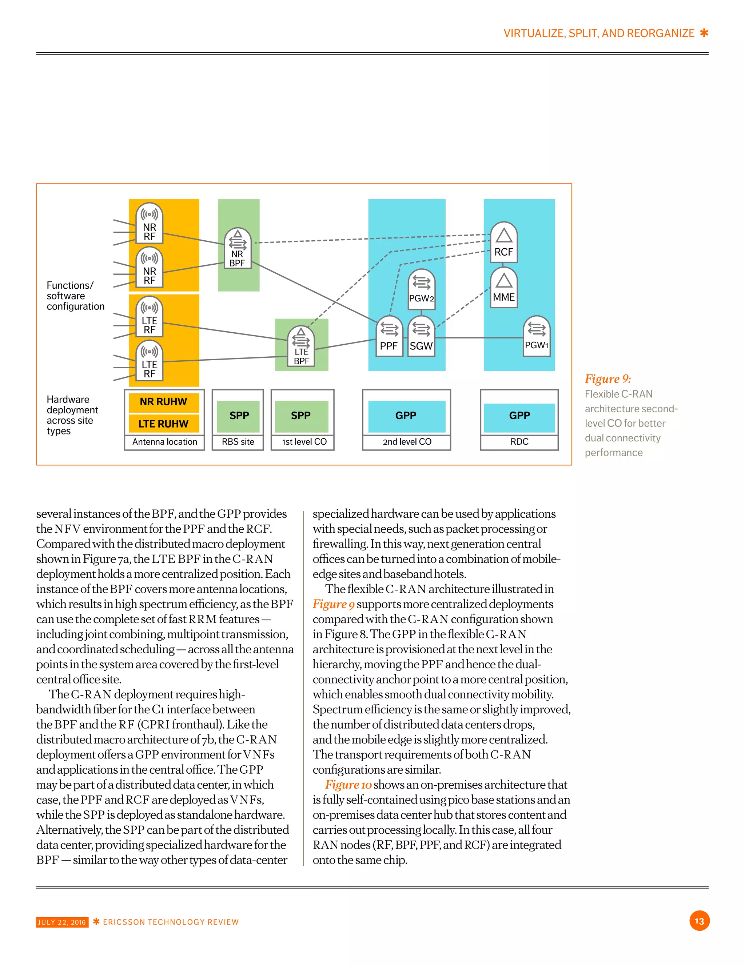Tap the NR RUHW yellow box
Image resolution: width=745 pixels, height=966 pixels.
(x=164, y=402)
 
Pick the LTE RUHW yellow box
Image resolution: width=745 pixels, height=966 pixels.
(x=164, y=424)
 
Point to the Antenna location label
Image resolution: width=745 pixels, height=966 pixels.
(x=165, y=442)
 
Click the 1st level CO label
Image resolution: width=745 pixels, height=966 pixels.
(x=304, y=442)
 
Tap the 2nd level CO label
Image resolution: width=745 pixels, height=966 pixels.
(x=407, y=442)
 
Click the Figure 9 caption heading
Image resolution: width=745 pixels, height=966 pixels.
(x=607, y=379)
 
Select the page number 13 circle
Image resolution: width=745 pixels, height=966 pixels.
(x=699, y=921)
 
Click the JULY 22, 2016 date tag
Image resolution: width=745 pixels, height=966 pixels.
(x=62, y=922)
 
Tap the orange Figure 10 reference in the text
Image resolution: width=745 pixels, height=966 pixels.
(x=348, y=785)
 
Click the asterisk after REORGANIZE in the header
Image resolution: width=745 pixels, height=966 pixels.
(x=704, y=33)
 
